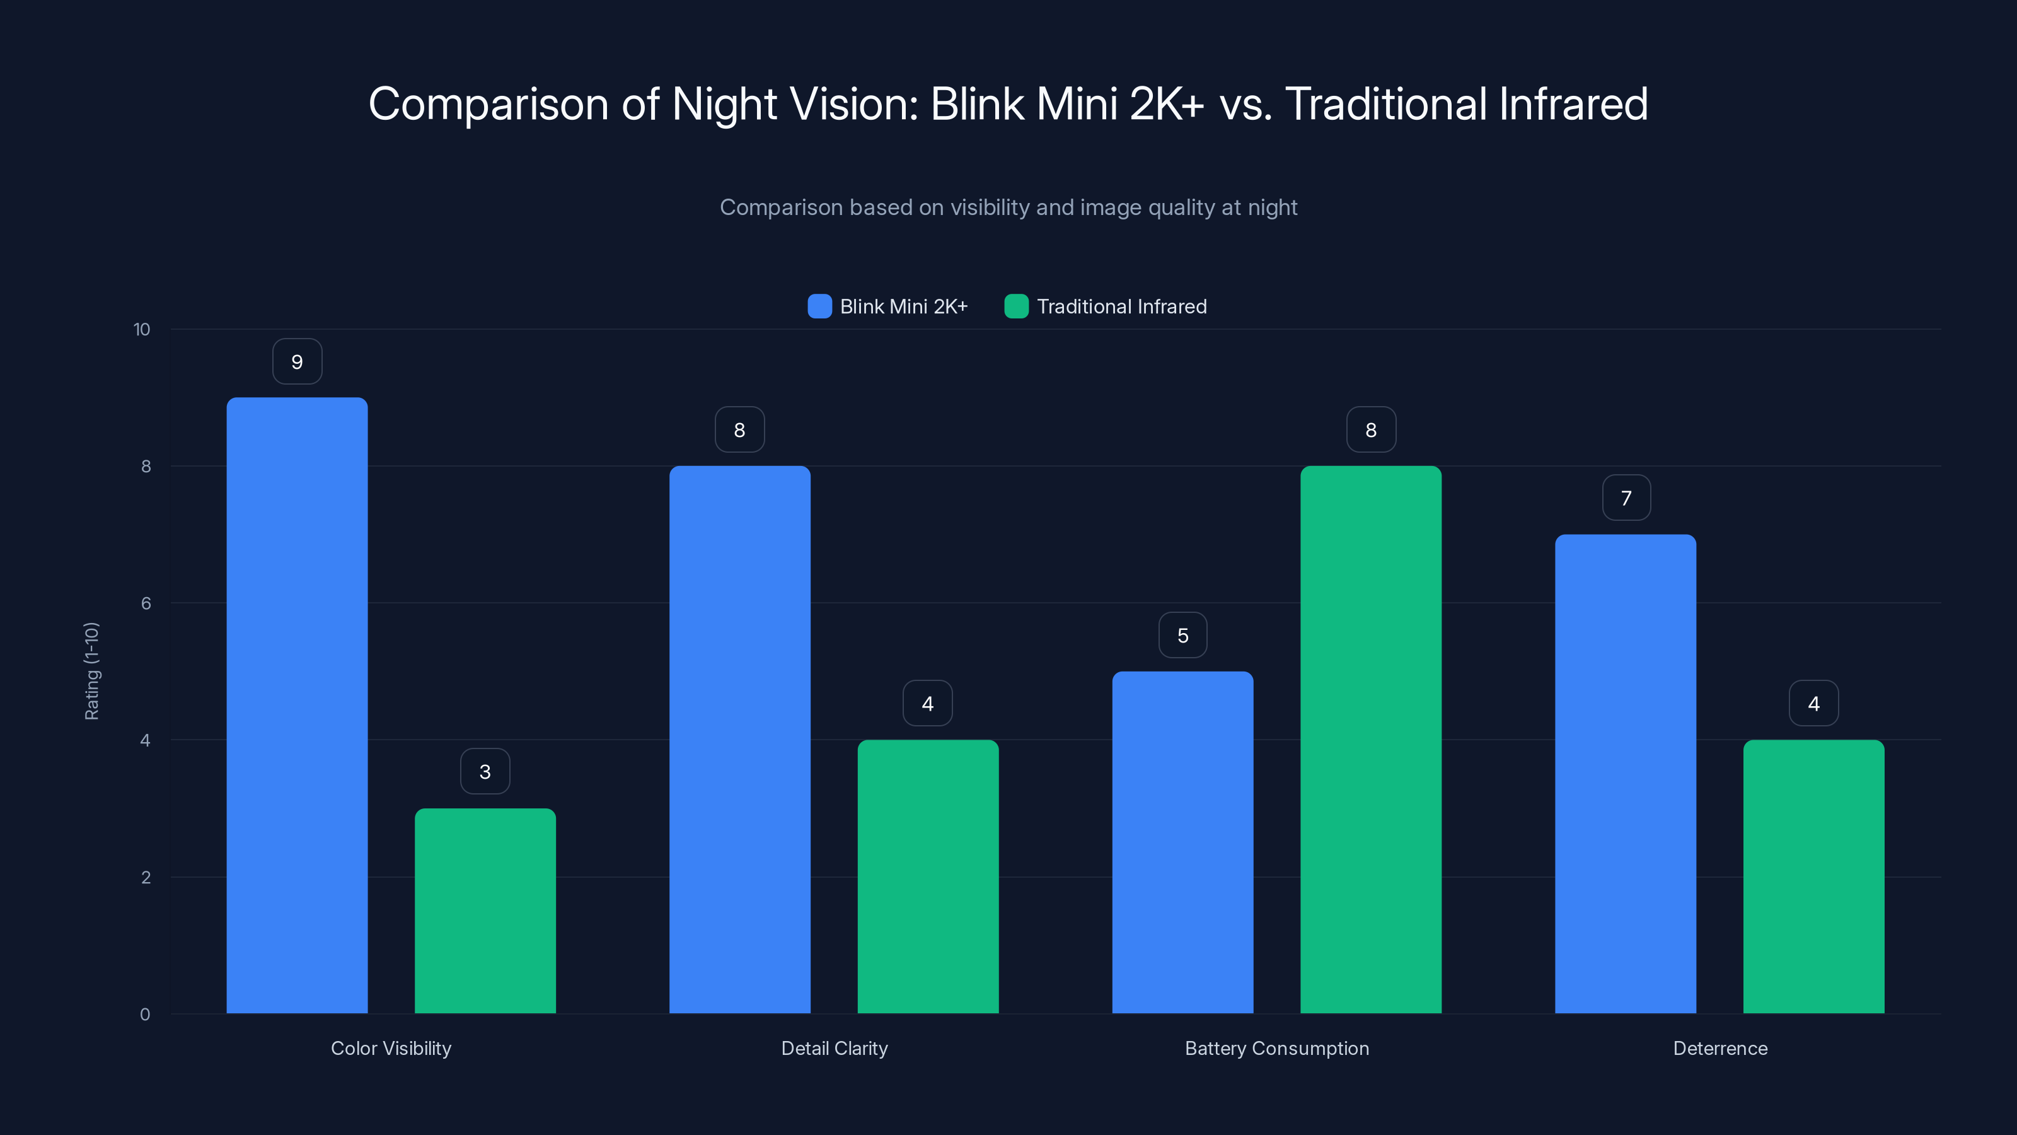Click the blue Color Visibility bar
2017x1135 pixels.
point(297,705)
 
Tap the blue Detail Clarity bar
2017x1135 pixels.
point(739,740)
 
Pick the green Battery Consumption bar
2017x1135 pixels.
point(1370,740)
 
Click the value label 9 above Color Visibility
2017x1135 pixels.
point(297,362)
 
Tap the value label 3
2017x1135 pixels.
point(485,772)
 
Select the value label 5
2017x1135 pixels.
point(1182,635)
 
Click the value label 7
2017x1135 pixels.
point(1626,498)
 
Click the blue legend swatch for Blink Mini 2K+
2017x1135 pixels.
point(819,306)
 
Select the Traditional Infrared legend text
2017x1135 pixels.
point(1121,306)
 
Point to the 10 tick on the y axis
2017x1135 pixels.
point(142,330)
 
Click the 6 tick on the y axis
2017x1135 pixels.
point(146,603)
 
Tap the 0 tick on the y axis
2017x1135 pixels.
point(145,1015)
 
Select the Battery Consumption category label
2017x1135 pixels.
point(1276,1048)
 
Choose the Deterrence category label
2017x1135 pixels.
point(1719,1048)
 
